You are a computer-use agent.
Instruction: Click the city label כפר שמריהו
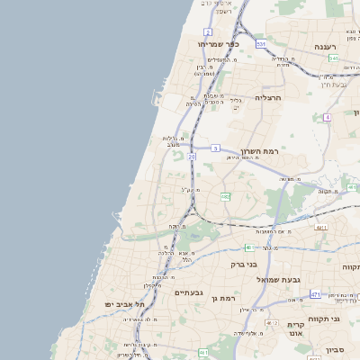pyautogui.click(x=218, y=43)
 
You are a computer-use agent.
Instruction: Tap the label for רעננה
pyautogui.click(x=325, y=46)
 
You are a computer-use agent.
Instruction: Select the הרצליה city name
pyautogui.click(x=268, y=97)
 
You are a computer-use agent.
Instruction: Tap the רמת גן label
pyautogui.click(x=220, y=298)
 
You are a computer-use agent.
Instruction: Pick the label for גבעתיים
pyautogui.click(x=189, y=292)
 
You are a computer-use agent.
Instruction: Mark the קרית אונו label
pyautogui.click(x=297, y=329)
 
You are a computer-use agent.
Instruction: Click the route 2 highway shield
pyautogui.click(x=208, y=31)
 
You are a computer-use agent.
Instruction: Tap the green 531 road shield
pyautogui.click(x=261, y=43)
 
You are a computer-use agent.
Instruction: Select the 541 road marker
pyautogui.click(x=333, y=58)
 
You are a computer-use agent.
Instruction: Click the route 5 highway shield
pyautogui.click(x=215, y=147)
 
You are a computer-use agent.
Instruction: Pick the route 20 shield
pyautogui.click(x=192, y=157)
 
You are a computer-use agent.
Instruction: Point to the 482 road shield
pyautogui.click(x=225, y=195)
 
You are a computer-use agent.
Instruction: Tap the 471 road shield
pyautogui.click(x=315, y=294)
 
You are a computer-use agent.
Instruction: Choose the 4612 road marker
pyautogui.click(x=272, y=321)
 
